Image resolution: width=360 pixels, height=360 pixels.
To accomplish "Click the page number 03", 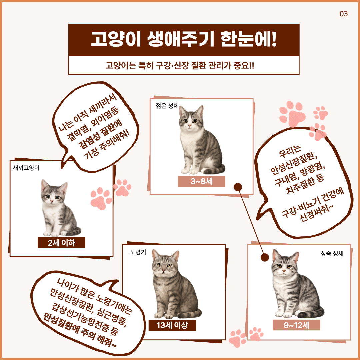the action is (x=344, y=14).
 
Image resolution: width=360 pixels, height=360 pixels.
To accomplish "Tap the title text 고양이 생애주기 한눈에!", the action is (x=184, y=39).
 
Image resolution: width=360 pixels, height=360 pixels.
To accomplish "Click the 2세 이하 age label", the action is (x=61, y=243).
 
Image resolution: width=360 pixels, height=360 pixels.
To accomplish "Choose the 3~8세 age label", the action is (x=201, y=181).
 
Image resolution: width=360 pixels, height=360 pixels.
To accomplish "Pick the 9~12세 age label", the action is (x=296, y=325).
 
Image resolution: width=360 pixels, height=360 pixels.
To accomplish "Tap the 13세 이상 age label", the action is (x=172, y=325).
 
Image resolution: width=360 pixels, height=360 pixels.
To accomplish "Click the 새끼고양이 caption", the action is (x=26, y=168).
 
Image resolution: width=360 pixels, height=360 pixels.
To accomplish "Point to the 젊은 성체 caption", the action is (x=167, y=106).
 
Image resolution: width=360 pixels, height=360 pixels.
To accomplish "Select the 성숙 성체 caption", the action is (x=332, y=253).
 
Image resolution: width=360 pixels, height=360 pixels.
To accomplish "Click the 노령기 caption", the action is (x=138, y=252).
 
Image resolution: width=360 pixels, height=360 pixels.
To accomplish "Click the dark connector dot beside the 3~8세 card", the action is (x=238, y=187).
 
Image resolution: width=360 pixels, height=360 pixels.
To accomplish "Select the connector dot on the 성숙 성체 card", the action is (x=265, y=257).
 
